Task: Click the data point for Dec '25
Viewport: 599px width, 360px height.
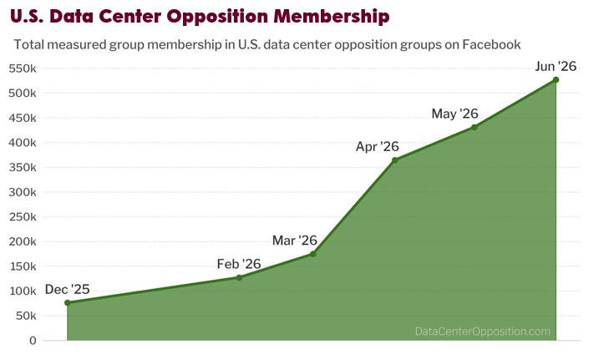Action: (x=68, y=302)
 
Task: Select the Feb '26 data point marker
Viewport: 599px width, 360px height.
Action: (x=239, y=277)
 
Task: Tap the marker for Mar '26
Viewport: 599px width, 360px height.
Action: (x=313, y=254)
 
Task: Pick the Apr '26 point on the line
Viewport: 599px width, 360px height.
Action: (x=395, y=160)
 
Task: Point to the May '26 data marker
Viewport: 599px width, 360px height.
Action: (x=474, y=127)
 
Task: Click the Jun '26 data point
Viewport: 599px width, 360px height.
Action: (x=556, y=80)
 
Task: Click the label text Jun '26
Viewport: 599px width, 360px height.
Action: (x=556, y=66)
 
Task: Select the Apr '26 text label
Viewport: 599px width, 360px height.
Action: (x=378, y=147)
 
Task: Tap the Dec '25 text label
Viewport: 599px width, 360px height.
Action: (x=67, y=289)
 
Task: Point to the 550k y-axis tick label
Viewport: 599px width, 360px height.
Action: (x=23, y=68)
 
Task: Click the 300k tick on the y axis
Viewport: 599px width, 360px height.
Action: (x=23, y=192)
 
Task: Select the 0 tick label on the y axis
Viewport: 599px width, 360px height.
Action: (x=33, y=341)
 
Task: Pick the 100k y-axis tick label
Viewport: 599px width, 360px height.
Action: (x=23, y=291)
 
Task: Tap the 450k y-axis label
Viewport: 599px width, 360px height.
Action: (x=23, y=118)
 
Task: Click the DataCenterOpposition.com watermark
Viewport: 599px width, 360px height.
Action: (x=483, y=331)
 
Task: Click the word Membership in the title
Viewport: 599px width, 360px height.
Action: (x=332, y=17)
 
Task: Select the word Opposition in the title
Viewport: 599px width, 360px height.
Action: (x=218, y=17)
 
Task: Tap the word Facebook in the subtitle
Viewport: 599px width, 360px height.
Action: (x=492, y=44)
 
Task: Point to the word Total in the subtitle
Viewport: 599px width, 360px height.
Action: (x=29, y=44)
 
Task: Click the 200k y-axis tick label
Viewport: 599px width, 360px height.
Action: (x=23, y=241)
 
